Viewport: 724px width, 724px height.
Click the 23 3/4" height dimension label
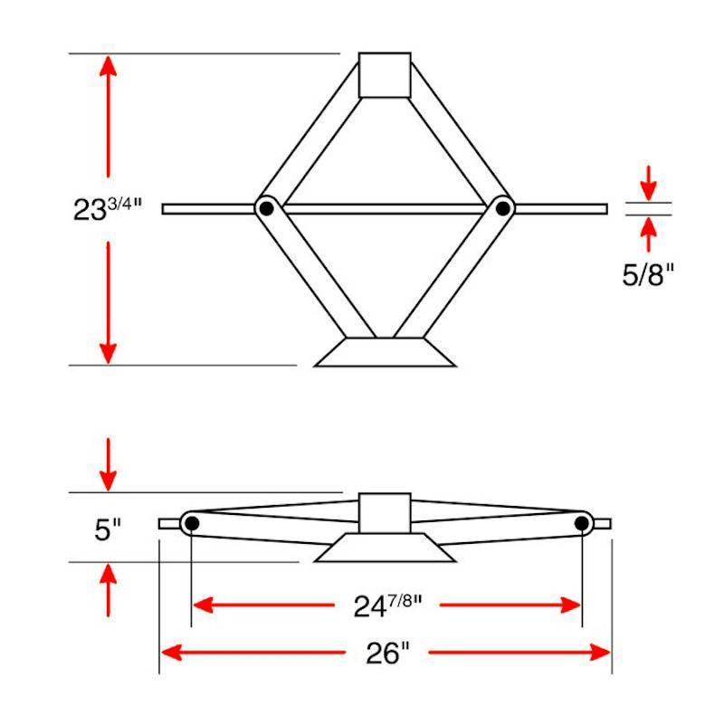coord(108,209)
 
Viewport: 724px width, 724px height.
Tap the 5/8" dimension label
coord(648,275)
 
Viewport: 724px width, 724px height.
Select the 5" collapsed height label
coord(108,529)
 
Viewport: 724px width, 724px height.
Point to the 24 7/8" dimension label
coord(387,605)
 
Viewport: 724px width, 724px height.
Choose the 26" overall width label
coord(387,653)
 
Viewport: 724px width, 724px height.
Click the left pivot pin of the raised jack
coord(266,209)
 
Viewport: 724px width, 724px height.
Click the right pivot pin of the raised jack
coord(503,209)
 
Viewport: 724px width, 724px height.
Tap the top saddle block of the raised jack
coord(385,75)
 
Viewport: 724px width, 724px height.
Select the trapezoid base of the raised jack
coord(385,352)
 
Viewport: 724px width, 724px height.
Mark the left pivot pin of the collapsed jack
coord(192,524)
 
